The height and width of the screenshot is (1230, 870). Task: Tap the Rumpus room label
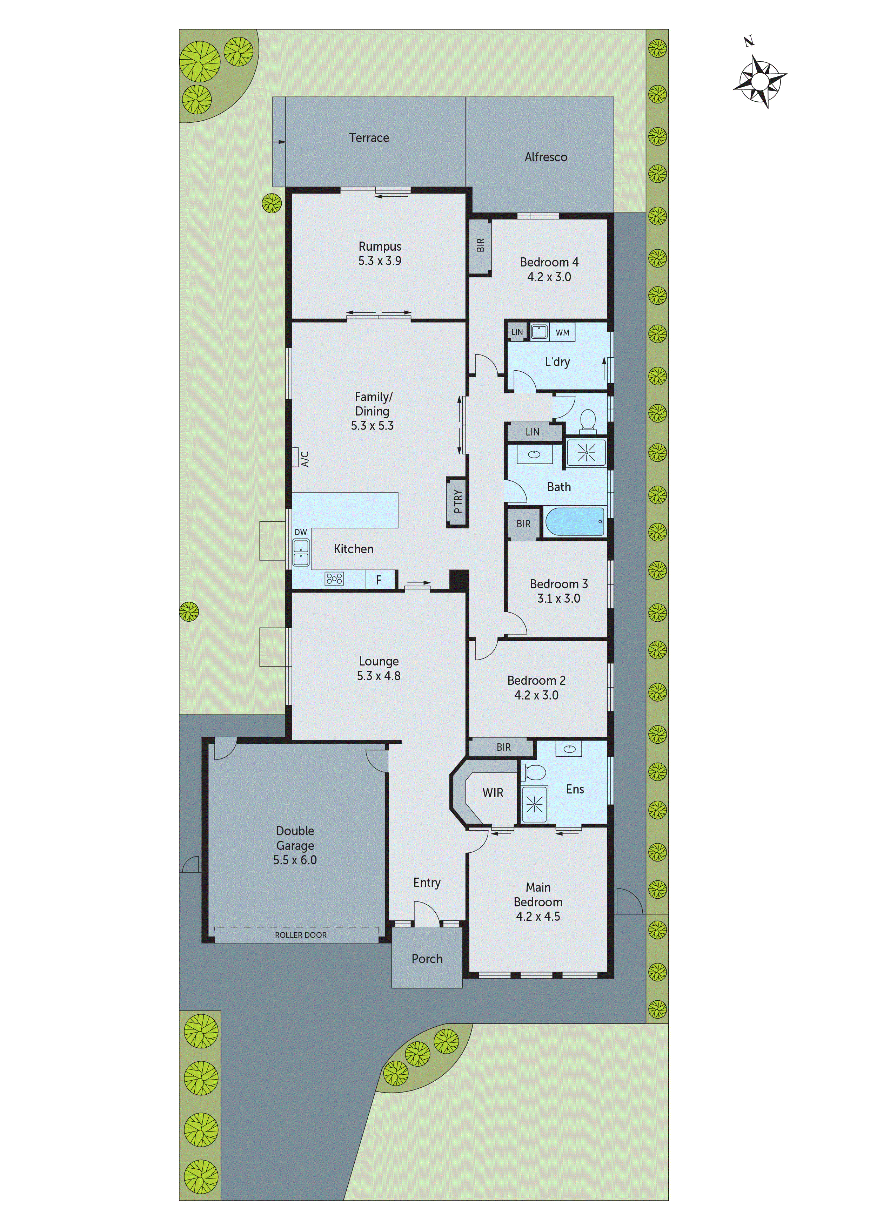[x=380, y=246]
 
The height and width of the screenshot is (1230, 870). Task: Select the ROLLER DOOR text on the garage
[x=300, y=935]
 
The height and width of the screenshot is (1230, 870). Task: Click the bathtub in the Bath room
[x=575, y=521]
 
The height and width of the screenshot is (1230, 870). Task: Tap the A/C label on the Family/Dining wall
[x=304, y=459]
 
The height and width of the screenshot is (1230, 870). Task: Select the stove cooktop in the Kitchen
[x=334, y=579]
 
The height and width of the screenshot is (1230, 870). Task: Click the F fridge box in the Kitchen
[x=379, y=580]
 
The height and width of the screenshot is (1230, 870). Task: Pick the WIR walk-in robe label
[x=493, y=793]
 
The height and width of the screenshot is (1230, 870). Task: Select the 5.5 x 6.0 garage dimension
[x=295, y=860]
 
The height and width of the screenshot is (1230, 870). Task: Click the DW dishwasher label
[x=301, y=532]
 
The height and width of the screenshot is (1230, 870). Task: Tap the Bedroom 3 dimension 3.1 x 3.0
[x=558, y=599]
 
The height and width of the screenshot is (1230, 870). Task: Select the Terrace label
[x=369, y=138]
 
